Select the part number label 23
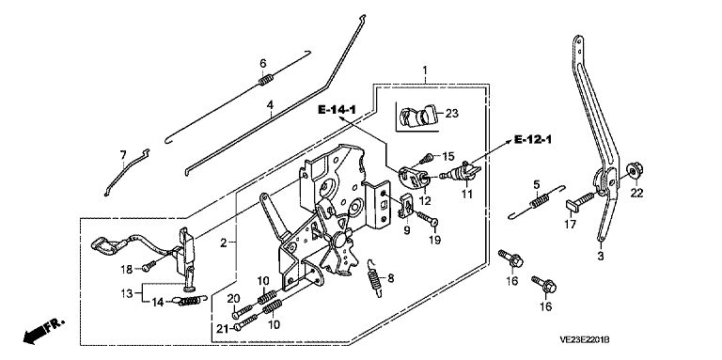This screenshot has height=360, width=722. [x=452, y=113]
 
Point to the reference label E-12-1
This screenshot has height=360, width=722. [x=532, y=139]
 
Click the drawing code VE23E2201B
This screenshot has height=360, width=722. [x=585, y=340]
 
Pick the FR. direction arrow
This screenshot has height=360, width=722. [x=42, y=331]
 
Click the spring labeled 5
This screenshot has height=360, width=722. [x=537, y=202]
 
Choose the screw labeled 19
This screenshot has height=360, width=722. [x=429, y=219]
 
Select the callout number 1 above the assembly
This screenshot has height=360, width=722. [x=425, y=71]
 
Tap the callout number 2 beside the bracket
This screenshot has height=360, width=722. [x=224, y=243]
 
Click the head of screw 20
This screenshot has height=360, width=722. [x=236, y=315]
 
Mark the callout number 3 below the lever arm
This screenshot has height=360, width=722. [x=600, y=257]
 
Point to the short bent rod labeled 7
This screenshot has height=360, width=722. [x=125, y=172]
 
